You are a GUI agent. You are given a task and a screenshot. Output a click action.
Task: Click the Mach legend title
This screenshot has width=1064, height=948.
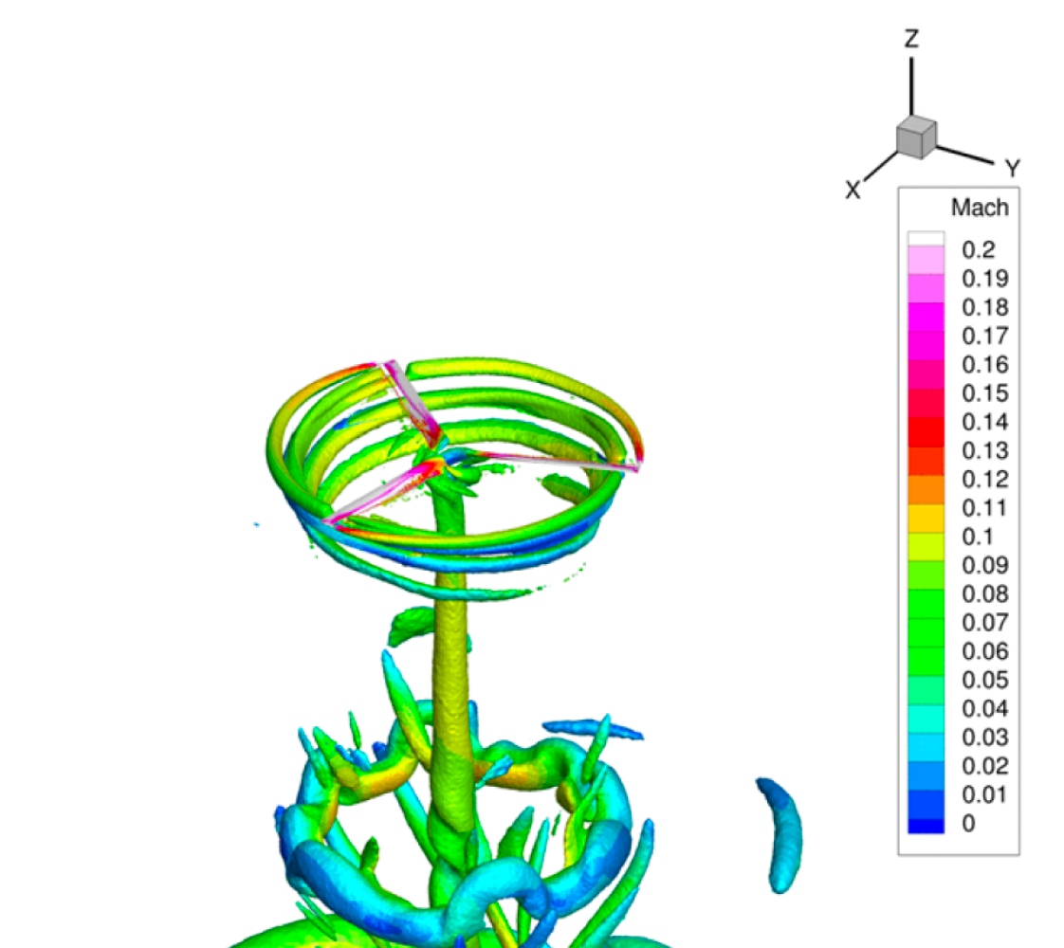tap(980, 208)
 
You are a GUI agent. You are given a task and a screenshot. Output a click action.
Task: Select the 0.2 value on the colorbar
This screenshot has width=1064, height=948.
tap(978, 249)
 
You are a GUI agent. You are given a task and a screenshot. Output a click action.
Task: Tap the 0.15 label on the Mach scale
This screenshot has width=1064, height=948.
tap(984, 393)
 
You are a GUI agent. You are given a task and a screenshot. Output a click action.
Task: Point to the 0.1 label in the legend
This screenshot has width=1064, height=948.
tap(978, 537)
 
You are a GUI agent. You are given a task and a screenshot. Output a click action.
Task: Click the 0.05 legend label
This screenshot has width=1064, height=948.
tap(984, 680)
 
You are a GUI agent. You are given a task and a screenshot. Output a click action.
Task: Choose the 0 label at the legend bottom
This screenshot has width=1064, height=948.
tap(968, 823)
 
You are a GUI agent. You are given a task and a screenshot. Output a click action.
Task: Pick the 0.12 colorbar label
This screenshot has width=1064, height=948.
tap(984, 480)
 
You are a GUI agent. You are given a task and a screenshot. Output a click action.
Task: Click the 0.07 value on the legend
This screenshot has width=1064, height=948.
tap(984, 623)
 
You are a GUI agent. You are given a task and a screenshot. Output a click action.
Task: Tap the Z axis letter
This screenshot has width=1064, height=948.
tap(911, 39)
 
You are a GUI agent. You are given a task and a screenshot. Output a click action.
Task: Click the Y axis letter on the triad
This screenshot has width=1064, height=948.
tap(1013, 168)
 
